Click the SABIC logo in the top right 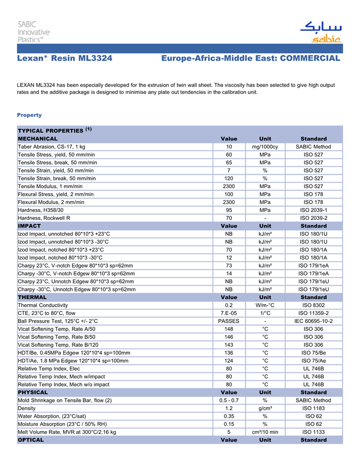320,32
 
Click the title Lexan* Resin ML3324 65,59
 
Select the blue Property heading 29,115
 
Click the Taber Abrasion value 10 229,147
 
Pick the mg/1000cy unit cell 265,147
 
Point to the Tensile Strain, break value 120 229,178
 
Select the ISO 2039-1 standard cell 313,210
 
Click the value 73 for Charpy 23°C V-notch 229,266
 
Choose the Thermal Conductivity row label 46,305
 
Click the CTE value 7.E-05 229,313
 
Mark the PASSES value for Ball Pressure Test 229,321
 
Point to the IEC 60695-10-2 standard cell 313,321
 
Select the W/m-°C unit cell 265,305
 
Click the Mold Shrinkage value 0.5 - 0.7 229,400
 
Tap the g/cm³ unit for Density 265,408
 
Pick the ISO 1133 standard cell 313,432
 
